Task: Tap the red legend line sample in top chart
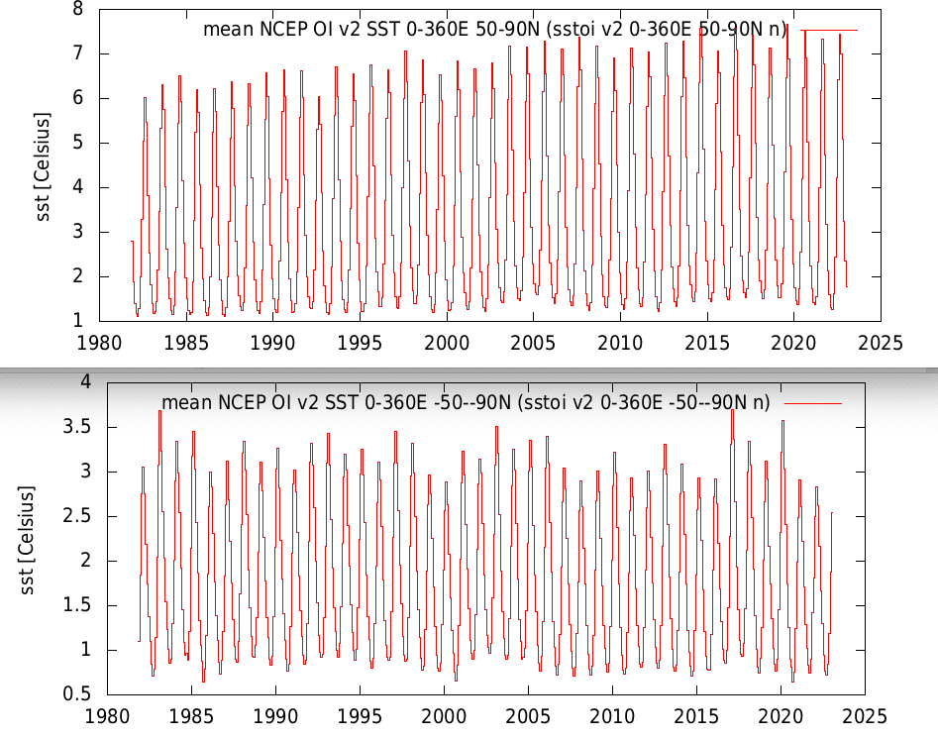coord(829,30)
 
